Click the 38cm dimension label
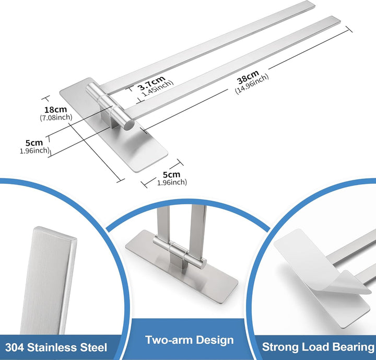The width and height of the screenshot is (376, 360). [248, 77]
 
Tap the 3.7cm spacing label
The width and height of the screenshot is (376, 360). [151, 83]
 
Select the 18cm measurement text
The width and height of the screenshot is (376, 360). [56, 110]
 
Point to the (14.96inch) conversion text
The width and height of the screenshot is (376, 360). [252, 84]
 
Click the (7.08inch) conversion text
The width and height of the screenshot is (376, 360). [56, 118]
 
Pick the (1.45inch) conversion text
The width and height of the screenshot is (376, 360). [157, 88]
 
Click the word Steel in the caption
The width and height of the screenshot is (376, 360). [93, 347]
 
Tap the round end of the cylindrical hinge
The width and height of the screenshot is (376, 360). [129, 125]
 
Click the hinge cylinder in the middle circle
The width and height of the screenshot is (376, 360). [180, 251]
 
